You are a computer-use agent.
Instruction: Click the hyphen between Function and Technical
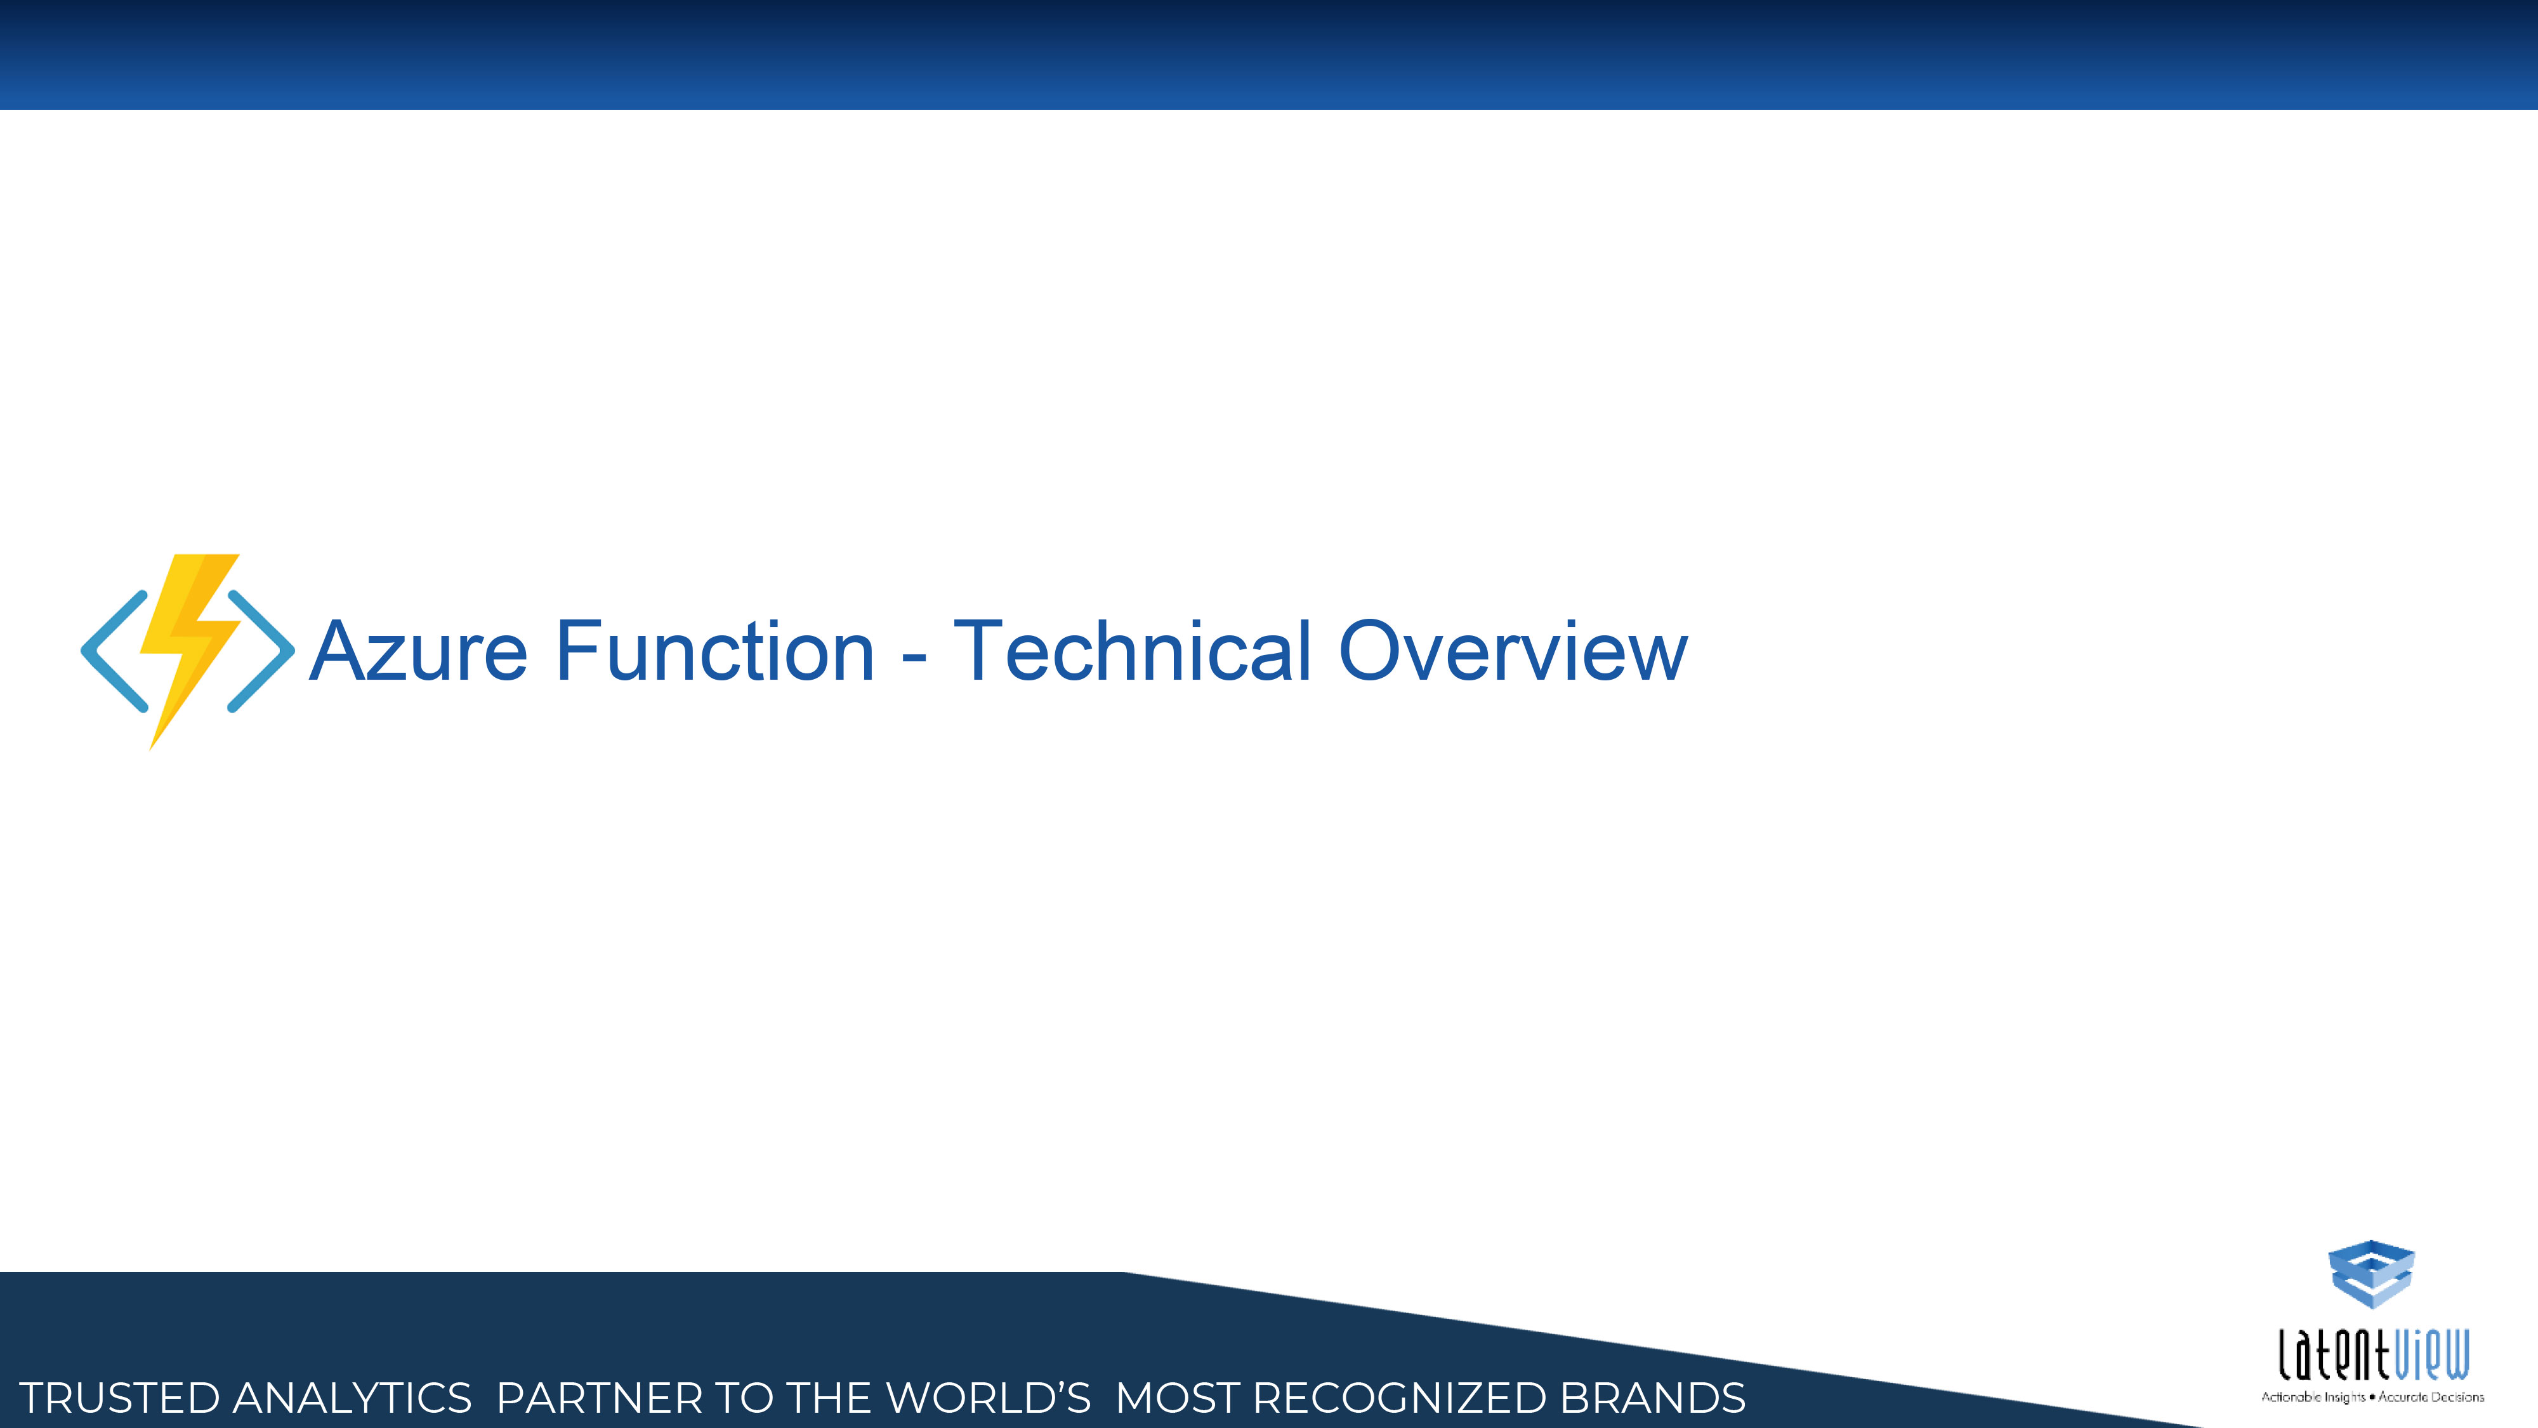tap(914, 659)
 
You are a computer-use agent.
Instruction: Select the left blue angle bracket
tap(114, 651)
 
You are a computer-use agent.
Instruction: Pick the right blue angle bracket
tap(261, 651)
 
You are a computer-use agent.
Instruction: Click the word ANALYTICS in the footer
tap(352, 1398)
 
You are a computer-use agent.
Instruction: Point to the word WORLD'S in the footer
tap(988, 1398)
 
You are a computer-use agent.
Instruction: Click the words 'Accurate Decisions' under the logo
tap(2431, 1396)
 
